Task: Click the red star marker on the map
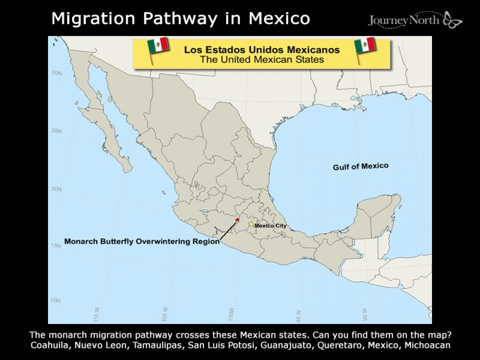click(x=237, y=220)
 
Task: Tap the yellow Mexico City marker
click(x=251, y=224)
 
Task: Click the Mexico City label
click(x=271, y=226)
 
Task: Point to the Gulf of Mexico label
click(x=360, y=167)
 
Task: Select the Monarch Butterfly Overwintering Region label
click(x=142, y=242)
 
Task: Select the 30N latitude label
click(x=57, y=73)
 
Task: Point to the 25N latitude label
click(x=57, y=131)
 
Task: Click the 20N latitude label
click(x=57, y=189)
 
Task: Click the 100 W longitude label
click(x=232, y=314)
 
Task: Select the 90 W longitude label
click(x=366, y=314)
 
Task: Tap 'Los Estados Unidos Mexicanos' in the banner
click(x=262, y=49)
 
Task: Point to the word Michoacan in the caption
click(x=427, y=345)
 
